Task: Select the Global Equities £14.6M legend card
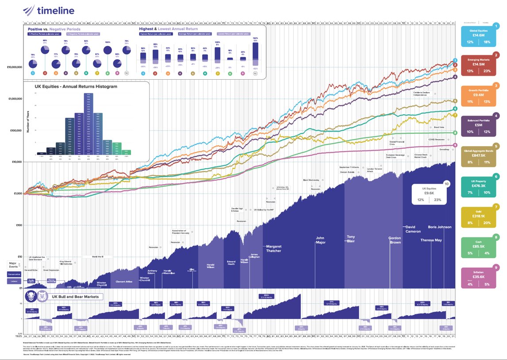coord(479,36)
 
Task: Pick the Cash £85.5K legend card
coord(479,250)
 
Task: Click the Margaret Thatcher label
coord(273,248)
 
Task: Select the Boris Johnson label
coord(440,227)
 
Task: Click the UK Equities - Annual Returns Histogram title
coord(76,87)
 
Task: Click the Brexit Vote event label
coord(438,127)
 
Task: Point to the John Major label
coord(320,240)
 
